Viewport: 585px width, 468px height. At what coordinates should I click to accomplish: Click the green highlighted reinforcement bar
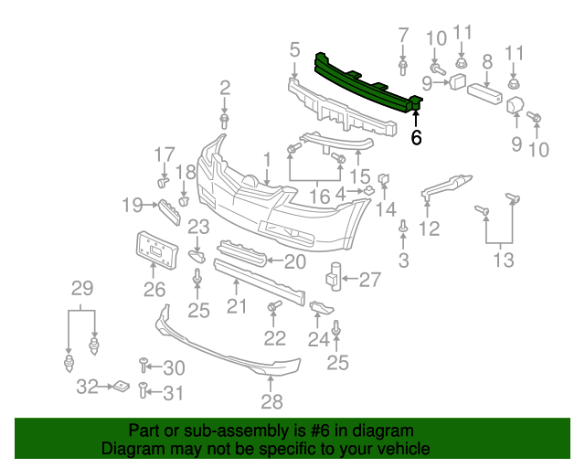click(366, 82)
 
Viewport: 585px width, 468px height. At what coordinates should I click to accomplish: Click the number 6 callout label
click(417, 138)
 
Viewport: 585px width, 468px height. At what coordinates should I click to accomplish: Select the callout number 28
click(271, 401)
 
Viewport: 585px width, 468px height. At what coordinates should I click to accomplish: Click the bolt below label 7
click(403, 67)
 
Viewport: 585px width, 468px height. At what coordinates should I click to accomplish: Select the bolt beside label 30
click(144, 367)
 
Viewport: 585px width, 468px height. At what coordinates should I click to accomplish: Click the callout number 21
click(237, 306)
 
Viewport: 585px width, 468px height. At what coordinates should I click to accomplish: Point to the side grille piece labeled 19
click(168, 211)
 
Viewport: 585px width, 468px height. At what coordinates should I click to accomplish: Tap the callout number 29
click(82, 289)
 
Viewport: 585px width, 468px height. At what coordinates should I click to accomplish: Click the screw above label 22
click(272, 309)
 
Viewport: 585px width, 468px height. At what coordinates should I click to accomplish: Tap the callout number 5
click(294, 48)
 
